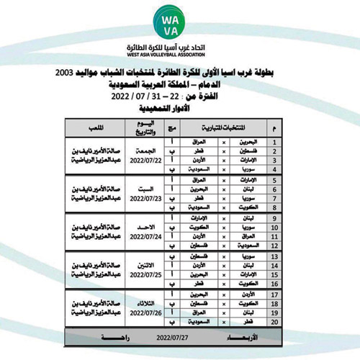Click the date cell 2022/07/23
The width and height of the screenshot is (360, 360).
click(146, 199)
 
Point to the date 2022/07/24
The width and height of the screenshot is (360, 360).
click(146, 239)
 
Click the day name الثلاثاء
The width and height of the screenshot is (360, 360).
click(146, 305)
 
